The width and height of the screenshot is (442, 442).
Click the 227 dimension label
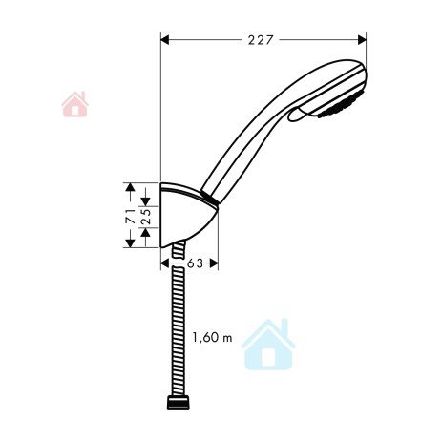coord(261,40)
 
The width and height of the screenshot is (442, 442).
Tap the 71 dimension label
coord(130,216)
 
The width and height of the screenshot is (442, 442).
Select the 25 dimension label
coord(146,217)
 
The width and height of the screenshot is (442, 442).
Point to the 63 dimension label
coord(195,263)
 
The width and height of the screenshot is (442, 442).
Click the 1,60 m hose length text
coord(212,338)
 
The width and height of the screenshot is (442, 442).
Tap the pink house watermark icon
coord(74,104)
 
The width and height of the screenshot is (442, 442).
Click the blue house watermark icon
coord(268,345)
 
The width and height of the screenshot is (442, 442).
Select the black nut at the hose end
coord(179,402)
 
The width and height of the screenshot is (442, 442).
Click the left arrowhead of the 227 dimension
coord(165,40)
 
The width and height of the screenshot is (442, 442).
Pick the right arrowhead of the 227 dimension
coord(362,40)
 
